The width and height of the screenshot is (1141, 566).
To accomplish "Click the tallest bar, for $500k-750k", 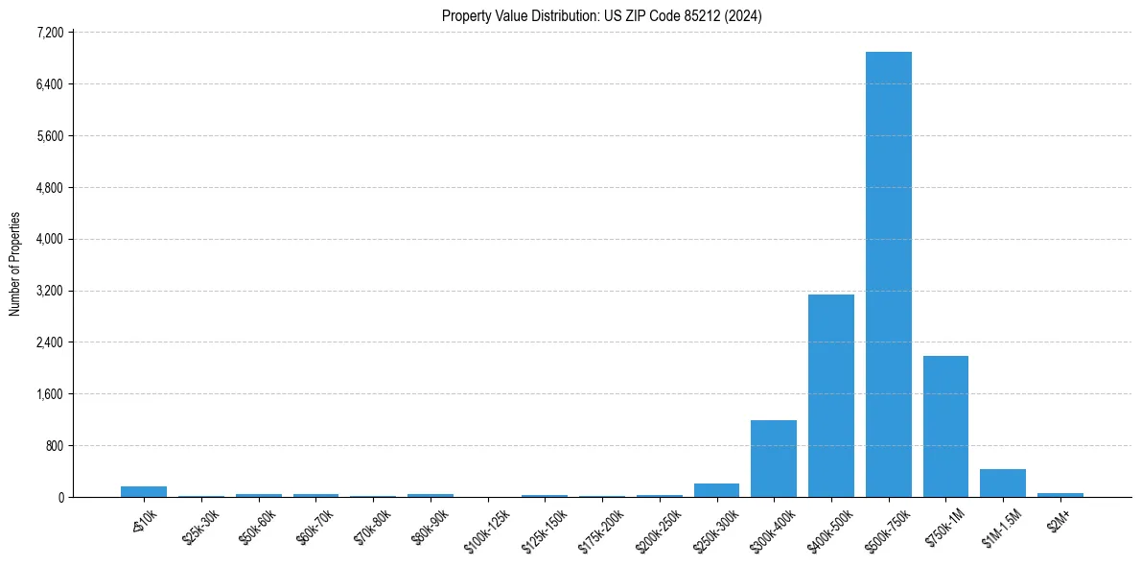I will tap(888, 274).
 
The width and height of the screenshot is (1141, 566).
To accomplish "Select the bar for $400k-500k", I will tap(830, 395).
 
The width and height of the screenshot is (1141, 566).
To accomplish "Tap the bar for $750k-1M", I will tap(945, 426).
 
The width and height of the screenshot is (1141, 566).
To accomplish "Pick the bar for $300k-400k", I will tap(773, 459).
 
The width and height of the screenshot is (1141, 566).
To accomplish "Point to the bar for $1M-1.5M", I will tap(1002, 483).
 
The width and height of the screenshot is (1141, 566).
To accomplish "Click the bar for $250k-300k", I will tap(716, 490).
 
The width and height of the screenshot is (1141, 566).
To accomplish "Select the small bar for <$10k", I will tap(144, 491).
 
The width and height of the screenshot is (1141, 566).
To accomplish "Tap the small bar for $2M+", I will tap(1059, 495).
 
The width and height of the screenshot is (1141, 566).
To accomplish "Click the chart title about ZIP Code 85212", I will tap(601, 15).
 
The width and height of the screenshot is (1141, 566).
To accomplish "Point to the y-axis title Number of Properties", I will tap(14, 264).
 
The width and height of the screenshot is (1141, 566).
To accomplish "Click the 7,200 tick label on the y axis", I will tap(50, 33).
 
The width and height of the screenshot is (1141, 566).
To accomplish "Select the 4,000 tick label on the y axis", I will tap(50, 239).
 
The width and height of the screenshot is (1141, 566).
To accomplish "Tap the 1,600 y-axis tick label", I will tap(50, 394).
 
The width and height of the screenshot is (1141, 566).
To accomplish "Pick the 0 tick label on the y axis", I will tap(60, 497).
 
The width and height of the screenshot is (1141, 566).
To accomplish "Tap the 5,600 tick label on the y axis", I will tap(50, 136).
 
